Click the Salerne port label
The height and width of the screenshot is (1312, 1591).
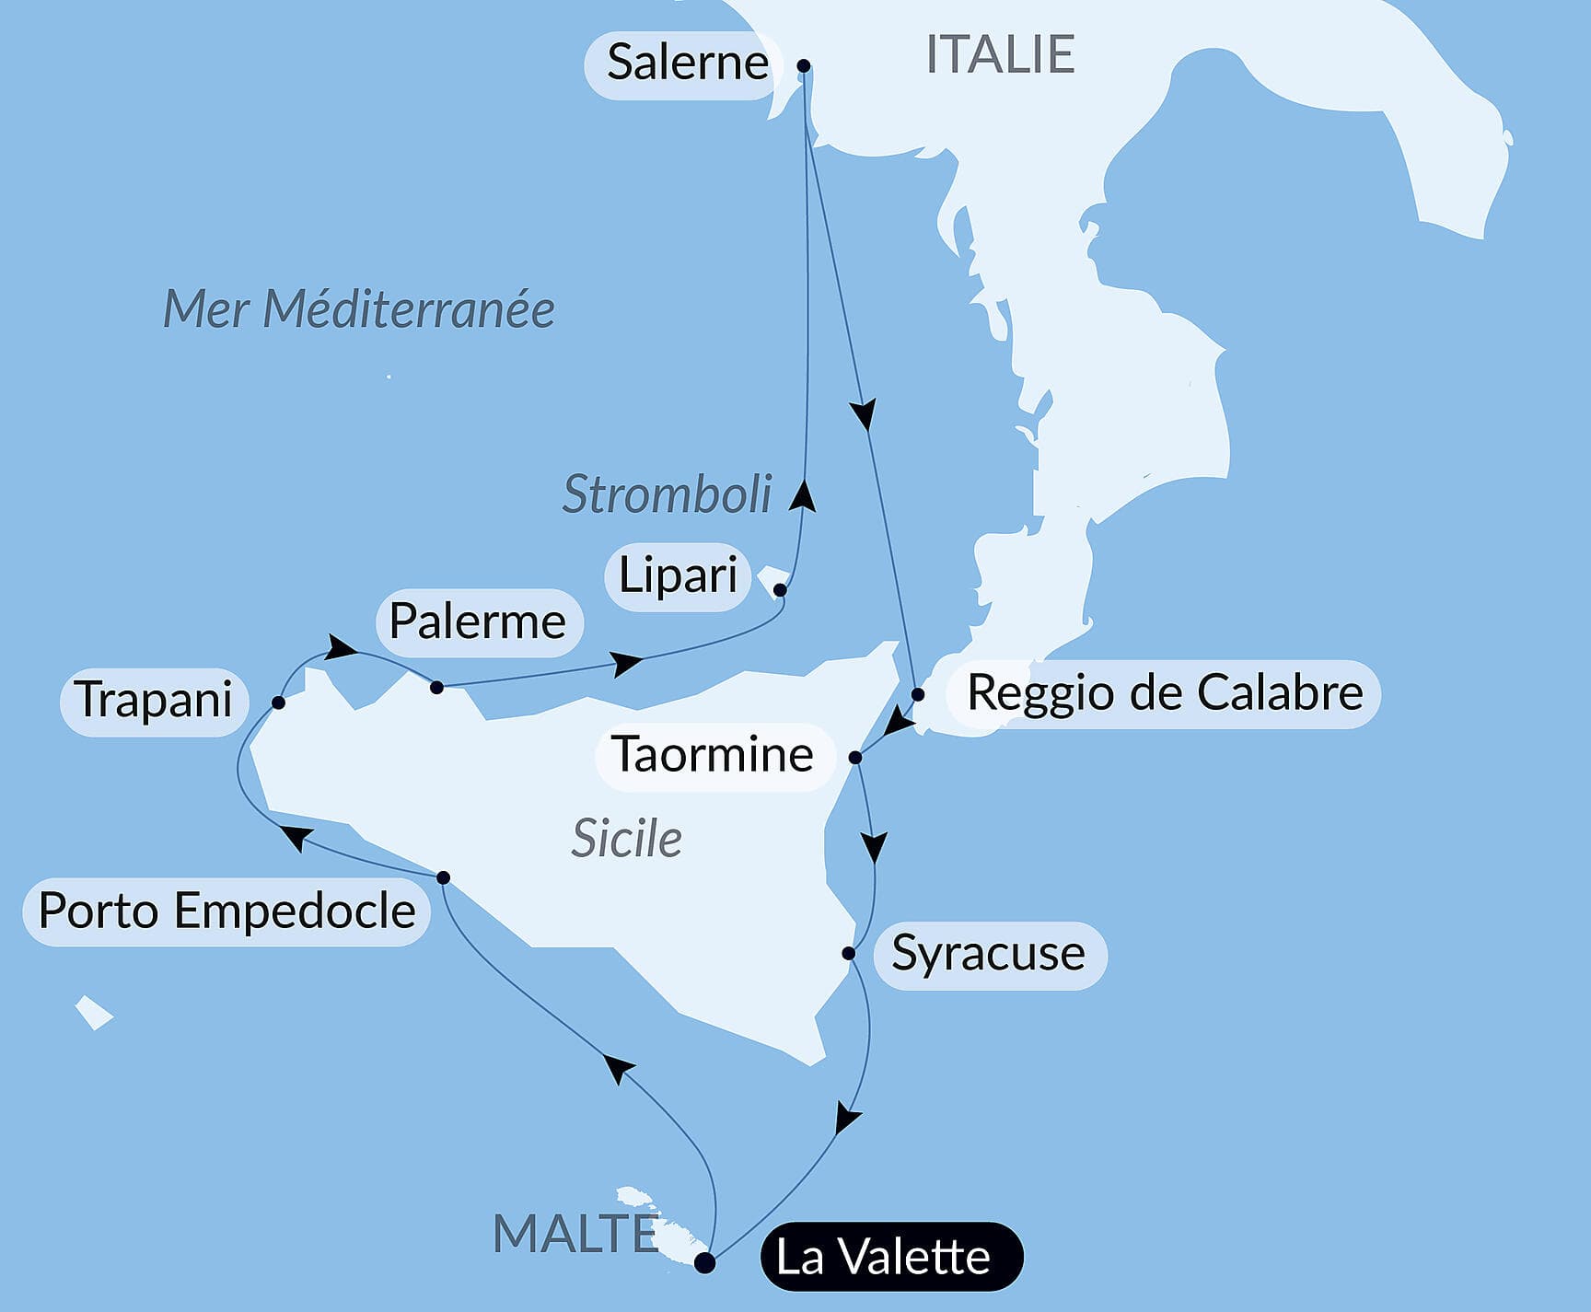pyautogui.click(x=687, y=64)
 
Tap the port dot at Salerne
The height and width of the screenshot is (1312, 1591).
pyautogui.click(x=804, y=65)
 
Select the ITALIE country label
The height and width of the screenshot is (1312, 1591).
pyautogui.click(x=1000, y=54)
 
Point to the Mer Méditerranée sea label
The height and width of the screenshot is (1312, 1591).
pyautogui.click(x=359, y=308)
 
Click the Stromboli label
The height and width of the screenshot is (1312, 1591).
pyautogui.click(x=667, y=494)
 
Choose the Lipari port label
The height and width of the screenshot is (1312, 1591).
pyautogui.click(x=678, y=575)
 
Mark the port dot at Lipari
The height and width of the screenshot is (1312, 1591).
pyautogui.click(x=780, y=590)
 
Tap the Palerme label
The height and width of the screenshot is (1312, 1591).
pyautogui.click(x=478, y=621)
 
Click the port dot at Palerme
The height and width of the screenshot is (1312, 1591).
pyautogui.click(x=437, y=687)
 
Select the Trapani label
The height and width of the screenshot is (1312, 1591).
pyautogui.click(x=154, y=700)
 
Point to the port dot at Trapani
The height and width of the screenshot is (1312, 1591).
pyautogui.click(x=278, y=702)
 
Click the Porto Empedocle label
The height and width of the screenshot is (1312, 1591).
pyautogui.click(x=226, y=911)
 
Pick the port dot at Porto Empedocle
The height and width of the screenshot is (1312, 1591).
pyautogui.click(x=443, y=877)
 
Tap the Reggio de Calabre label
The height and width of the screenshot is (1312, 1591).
pyautogui.click(x=1165, y=693)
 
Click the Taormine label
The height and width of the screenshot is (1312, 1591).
pyautogui.click(x=713, y=755)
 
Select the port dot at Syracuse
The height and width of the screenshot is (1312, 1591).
pyautogui.click(x=849, y=953)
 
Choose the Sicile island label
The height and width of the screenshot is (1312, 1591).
pyautogui.click(x=626, y=839)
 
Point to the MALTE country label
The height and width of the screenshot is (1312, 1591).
pyautogui.click(x=575, y=1234)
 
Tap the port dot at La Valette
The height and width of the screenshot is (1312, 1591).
pyautogui.click(x=704, y=1262)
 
